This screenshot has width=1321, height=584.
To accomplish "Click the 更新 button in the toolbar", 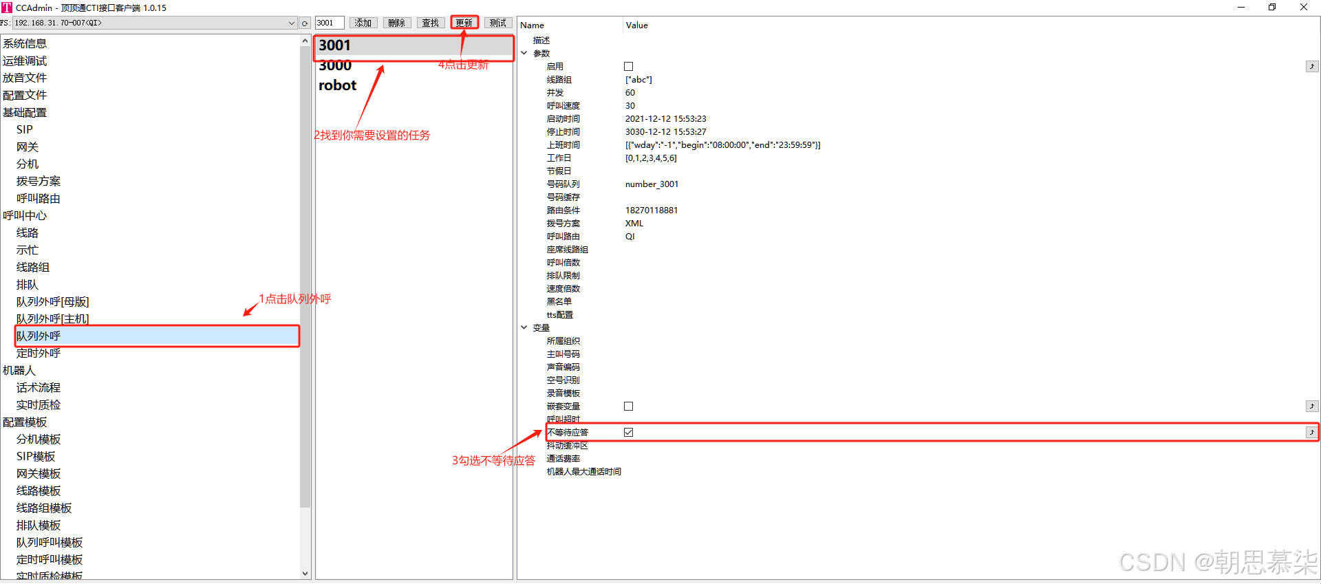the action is click(464, 23).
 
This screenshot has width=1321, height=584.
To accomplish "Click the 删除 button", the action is click(397, 23).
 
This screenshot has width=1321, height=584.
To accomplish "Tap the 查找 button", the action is click(431, 23).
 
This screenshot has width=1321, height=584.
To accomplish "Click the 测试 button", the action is click(498, 23).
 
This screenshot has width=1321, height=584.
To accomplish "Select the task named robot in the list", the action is click(337, 85).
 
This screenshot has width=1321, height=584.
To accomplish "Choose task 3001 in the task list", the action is click(335, 45).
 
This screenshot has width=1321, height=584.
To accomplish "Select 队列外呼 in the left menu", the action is click(39, 336).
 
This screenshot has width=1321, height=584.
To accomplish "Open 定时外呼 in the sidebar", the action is click(39, 353).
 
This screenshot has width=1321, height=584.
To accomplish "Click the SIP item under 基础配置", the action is click(25, 129).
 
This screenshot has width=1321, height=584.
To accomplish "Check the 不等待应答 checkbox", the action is click(628, 432).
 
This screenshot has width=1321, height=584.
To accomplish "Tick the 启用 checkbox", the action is click(628, 66).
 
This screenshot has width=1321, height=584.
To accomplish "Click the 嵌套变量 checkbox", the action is click(628, 406).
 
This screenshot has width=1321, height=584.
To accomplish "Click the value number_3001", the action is click(652, 184).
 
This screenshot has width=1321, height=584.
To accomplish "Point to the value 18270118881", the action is click(651, 210).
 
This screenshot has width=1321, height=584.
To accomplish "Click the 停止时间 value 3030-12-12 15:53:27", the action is click(665, 131).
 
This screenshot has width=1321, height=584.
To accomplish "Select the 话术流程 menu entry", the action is click(39, 387).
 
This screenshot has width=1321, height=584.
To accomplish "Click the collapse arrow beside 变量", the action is click(524, 327).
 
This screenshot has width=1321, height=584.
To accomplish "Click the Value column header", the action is click(636, 25).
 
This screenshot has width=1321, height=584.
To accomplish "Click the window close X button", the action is click(1303, 8).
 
